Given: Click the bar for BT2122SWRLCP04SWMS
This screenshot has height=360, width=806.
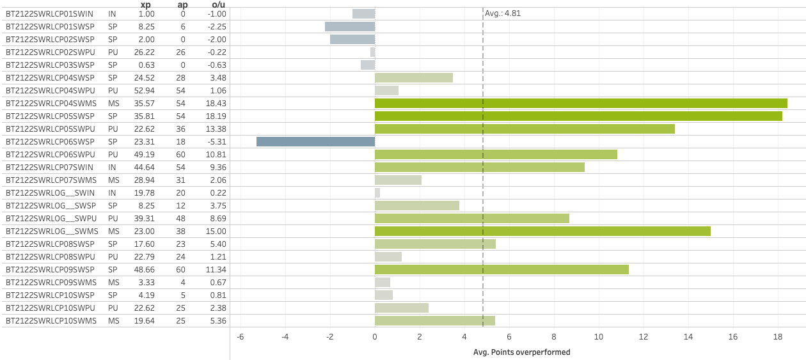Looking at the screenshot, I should (x=581, y=103).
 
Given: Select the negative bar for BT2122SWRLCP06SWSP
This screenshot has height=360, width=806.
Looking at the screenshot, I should (x=315, y=141).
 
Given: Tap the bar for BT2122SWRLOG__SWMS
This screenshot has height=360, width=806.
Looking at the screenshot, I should (x=542, y=231).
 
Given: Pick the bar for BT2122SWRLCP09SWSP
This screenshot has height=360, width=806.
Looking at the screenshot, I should (x=502, y=269).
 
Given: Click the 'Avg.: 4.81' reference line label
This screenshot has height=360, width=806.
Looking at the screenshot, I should (x=503, y=13).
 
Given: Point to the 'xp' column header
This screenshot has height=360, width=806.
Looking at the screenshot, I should (x=145, y=4).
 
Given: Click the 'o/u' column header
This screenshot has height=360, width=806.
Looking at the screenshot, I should (x=218, y=4).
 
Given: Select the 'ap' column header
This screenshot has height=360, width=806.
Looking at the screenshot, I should (x=182, y=4).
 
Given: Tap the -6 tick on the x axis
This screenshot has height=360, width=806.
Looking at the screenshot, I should (x=241, y=337).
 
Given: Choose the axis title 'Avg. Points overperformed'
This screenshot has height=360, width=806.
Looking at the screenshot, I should (x=521, y=352).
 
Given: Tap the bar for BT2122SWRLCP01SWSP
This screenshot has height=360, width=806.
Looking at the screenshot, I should (x=350, y=26).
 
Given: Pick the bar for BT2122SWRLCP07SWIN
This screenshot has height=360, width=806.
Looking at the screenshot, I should (x=480, y=167).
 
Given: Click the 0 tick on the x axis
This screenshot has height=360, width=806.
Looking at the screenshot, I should (x=375, y=337).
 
